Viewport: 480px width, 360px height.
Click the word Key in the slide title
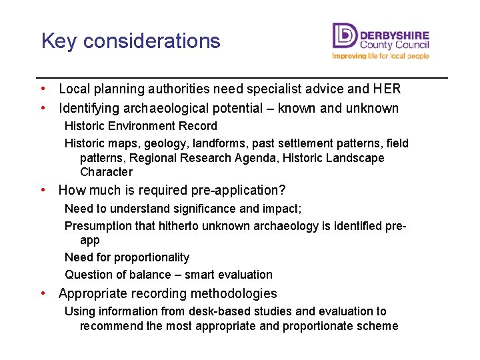tap(57, 41)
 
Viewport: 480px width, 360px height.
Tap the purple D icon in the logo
tap(345, 36)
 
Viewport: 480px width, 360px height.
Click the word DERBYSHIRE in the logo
tap(394, 34)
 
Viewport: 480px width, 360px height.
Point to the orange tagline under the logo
tap(380, 57)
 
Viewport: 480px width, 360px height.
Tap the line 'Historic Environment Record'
tap(141, 126)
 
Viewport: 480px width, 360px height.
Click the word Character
tap(107, 172)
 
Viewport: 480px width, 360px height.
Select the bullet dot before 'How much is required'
tap(43, 190)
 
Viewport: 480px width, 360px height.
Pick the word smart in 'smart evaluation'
tap(200, 275)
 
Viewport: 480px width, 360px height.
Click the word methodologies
tap(233, 293)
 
